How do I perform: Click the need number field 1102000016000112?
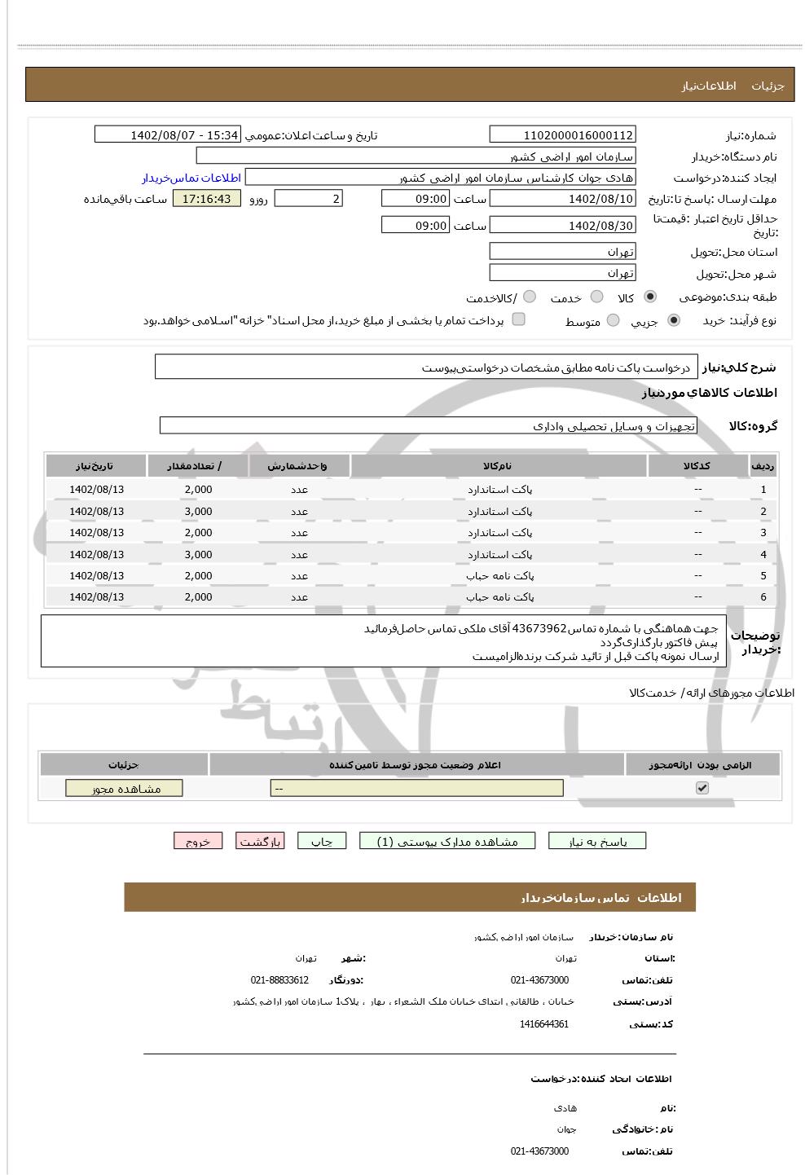[562, 135]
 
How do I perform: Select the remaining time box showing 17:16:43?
[207, 199]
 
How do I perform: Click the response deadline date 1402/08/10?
[562, 199]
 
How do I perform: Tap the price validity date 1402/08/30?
[562, 226]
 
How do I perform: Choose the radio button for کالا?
[649, 297]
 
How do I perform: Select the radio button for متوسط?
[613, 321]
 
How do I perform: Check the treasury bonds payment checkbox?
[518, 319]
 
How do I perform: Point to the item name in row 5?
[500, 576]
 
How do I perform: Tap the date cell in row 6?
[96, 597]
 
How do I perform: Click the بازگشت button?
[260, 842]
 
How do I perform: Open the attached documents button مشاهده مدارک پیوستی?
[447, 842]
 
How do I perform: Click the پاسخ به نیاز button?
[597, 842]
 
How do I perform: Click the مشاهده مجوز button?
[124, 789]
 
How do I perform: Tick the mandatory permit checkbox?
[702, 788]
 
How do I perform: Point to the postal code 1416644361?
[543, 1024]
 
